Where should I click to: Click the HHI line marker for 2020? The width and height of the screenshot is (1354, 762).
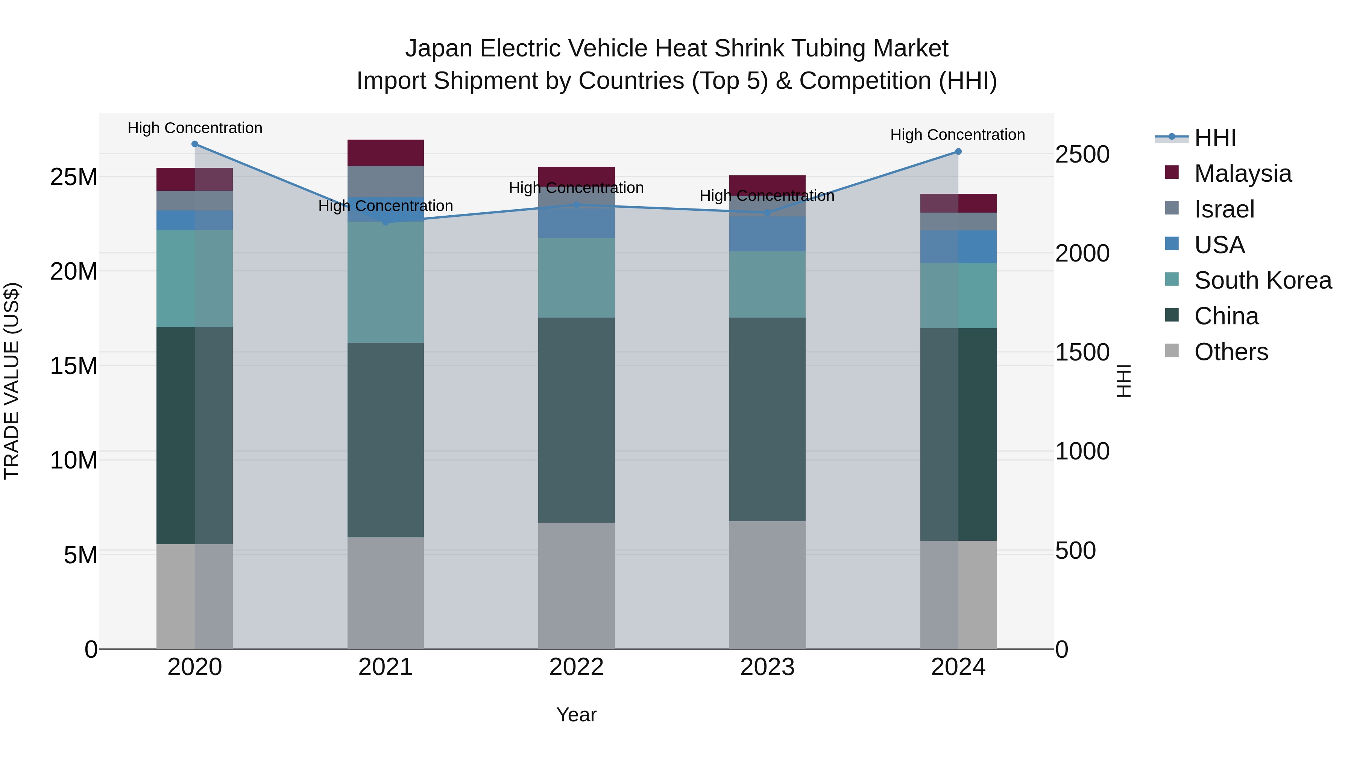point(194,144)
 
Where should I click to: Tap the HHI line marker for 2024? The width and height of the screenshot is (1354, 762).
point(958,151)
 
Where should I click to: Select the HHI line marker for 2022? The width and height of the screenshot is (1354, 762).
point(576,205)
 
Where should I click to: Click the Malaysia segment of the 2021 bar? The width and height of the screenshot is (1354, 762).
point(385,152)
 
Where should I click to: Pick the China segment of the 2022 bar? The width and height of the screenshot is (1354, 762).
point(576,420)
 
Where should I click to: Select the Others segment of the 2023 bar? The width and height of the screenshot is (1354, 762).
point(767,585)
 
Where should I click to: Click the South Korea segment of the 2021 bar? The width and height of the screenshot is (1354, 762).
point(385,282)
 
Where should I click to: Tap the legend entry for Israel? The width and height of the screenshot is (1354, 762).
point(1223,209)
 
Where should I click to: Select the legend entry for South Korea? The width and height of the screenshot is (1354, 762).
point(1262,280)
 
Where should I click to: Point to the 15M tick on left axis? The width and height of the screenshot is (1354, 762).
point(74,365)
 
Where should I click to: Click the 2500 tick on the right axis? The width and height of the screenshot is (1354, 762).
point(1082,155)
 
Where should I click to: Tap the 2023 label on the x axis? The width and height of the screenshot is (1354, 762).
point(767,667)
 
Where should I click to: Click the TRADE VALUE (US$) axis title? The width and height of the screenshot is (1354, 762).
point(12,381)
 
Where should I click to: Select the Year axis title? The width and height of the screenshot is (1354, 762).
point(576,715)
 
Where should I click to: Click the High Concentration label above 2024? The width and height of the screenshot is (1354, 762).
point(957,135)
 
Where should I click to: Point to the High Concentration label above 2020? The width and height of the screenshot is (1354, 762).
point(194,128)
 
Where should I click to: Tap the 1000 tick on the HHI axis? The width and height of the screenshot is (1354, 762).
point(1082,451)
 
